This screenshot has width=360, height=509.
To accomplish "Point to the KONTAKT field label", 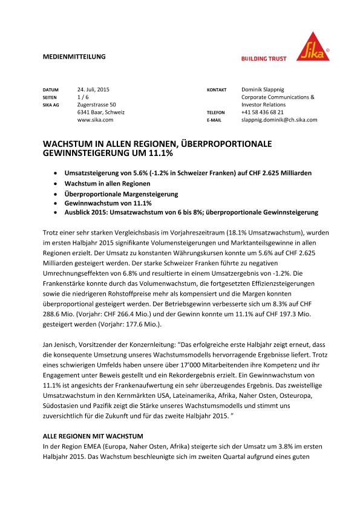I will (217, 89).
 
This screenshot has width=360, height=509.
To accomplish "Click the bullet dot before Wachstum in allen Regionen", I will (56, 183).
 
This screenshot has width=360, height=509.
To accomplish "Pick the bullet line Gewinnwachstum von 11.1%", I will (106, 204).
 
